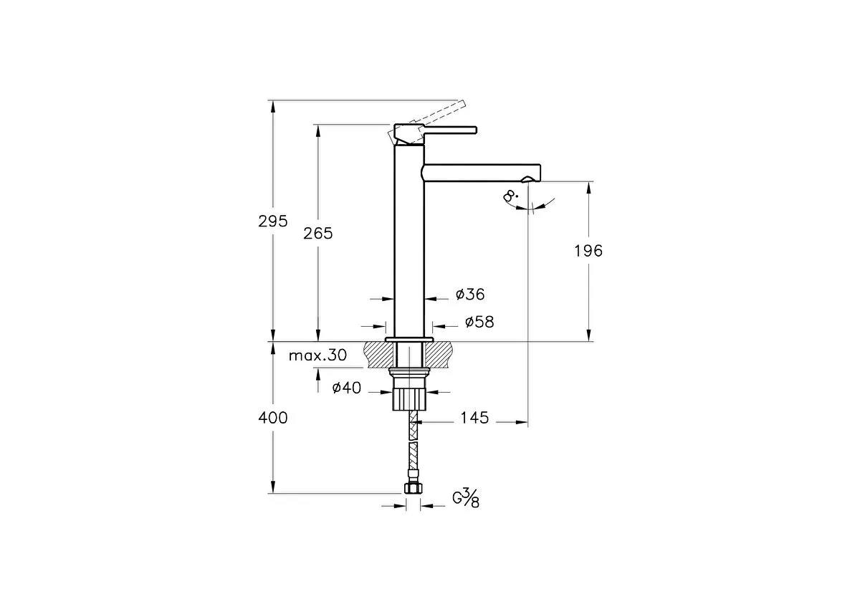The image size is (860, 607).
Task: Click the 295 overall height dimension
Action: (272, 221)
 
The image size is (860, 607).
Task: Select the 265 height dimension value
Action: (318, 234)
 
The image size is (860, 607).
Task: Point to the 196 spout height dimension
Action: (588, 251)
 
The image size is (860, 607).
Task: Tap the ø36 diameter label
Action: (470, 295)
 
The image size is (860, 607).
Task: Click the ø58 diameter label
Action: (479, 322)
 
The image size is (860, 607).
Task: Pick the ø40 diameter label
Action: (347, 388)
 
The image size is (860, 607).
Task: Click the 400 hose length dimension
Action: (272, 418)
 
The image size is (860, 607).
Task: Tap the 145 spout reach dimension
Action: (474, 418)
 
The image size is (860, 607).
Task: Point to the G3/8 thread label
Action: (466, 498)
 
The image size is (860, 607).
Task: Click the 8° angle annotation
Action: (510, 196)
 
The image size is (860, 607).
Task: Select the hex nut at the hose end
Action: (413, 488)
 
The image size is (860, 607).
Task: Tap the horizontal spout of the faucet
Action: (480, 172)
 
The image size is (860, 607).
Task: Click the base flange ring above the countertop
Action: (410, 339)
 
